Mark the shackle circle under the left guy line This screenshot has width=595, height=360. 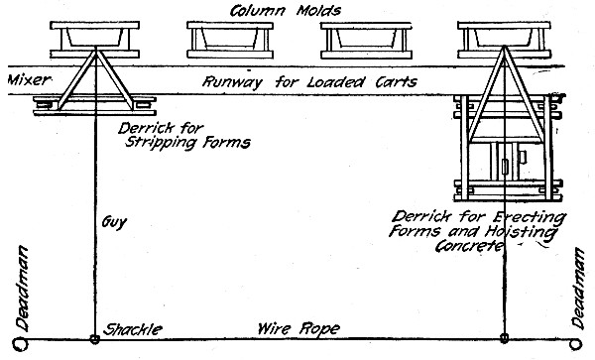coord(95,339)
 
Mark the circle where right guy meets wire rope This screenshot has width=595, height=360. coord(506,339)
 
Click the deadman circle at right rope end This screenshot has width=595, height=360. coord(586,339)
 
